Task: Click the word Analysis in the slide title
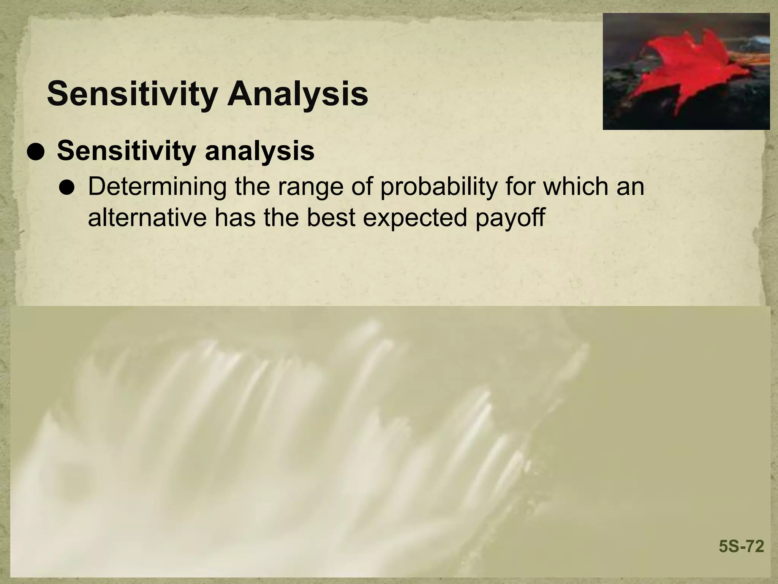(297, 94)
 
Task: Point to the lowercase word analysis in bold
(259, 152)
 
